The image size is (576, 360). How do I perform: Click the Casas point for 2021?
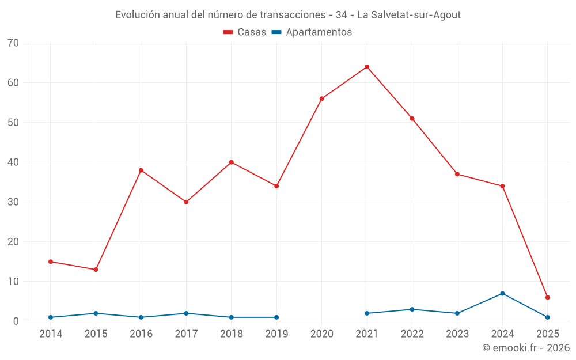click(x=367, y=67)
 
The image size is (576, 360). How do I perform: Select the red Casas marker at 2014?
click(x=51, y=262)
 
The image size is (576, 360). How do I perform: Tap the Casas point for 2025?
click(x=548, y=297)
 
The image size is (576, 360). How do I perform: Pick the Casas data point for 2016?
click(x=141, y=170)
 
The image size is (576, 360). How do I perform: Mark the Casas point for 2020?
click(x=321, y=98)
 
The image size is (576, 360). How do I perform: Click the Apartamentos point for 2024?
click(x=502, y=293)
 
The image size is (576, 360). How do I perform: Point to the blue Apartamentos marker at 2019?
click(x=276, y=317)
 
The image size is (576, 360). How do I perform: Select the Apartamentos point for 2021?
click(x=367, y=313)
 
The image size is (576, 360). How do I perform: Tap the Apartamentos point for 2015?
click(x=96, y=313)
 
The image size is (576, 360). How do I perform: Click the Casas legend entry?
click(x=245, y=32)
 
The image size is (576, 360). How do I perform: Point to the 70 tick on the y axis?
click(x=13, y=43)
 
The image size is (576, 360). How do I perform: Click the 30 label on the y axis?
click(x=13, y=202)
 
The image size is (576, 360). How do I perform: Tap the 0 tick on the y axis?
click(x=16, y=321)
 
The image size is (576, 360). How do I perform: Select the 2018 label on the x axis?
click(x=232, y=334)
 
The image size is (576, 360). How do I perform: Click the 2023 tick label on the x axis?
click(x=457, y=334)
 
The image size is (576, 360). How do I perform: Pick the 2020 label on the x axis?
click(x=321, y=334)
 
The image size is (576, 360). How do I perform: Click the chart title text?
click(x=288, y=15)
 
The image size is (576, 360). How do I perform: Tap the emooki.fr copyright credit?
click(x=525, y=348)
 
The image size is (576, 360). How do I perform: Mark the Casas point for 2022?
click(x=412, y=119)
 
